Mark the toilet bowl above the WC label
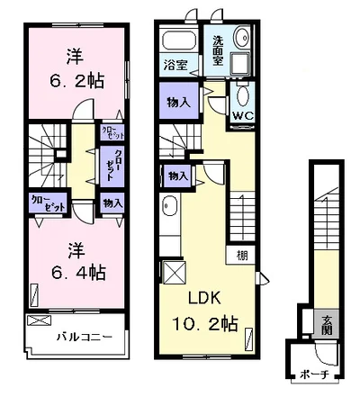[241, 96]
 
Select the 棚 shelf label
[244, 256]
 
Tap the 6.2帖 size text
[76, 81]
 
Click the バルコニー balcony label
[85, 338]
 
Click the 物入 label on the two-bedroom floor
[112, 203]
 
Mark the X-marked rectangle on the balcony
[40, 320]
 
